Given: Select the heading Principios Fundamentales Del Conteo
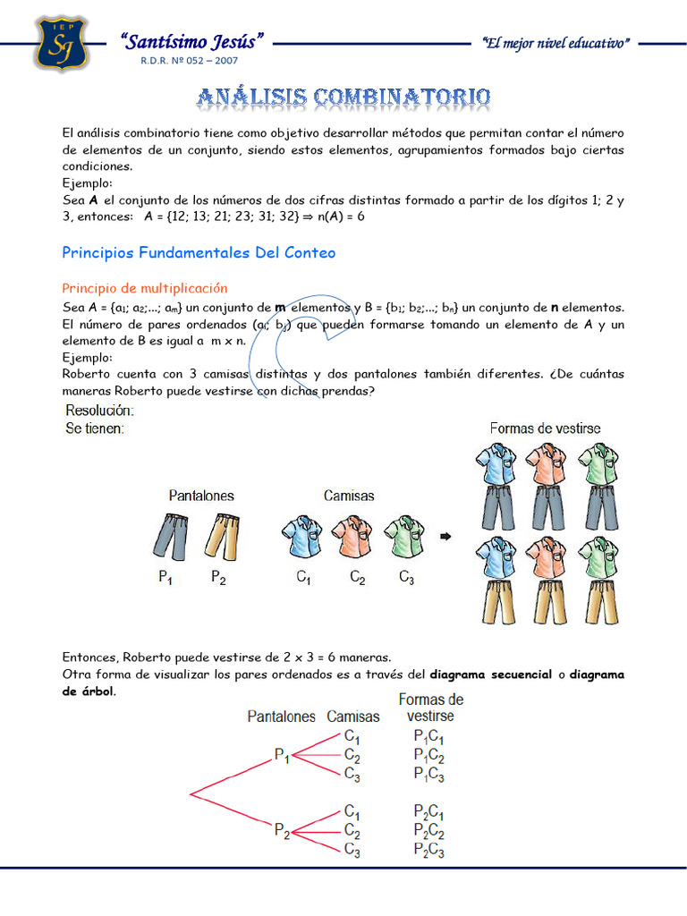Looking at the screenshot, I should pyautogui.click(x=199, y=253).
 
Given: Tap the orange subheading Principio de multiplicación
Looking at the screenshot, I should pyautogui.click(x=145, y=288).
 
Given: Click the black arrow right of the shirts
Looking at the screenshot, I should pyautogui.click(x=445, y=537).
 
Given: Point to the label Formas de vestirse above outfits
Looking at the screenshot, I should pyautogui.click(x=545, y=428).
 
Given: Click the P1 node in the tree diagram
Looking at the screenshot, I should pyautogui.click(x=282, y=757).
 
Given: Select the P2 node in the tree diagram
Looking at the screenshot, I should pyautogui.click(x=282, y=831).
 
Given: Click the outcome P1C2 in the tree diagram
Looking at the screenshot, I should pyautogui.click(x=428, y=755).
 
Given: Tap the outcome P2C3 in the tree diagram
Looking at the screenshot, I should pyautogui.click(x=428, y=851).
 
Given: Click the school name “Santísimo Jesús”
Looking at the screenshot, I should pyautogui.click(x=192, y=41).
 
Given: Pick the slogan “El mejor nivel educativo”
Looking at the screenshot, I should pyautogui.click(x=556, y=43).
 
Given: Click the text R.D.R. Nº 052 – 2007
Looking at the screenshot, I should pyautogui.click(x=190, y=61).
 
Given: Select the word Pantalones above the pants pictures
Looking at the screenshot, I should pyautogui.click(x=201, y=495).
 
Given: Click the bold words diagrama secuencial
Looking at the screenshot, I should pyautogui.click(x=490, y=674).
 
